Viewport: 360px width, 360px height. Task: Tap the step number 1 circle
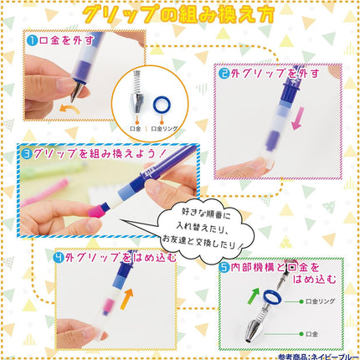pyautogui.click(x=30, y=39)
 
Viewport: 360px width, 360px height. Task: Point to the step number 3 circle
pyautogui.click(x=28, y=153)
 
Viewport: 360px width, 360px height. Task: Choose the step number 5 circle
pyautogui.click(x=225, y=268)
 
